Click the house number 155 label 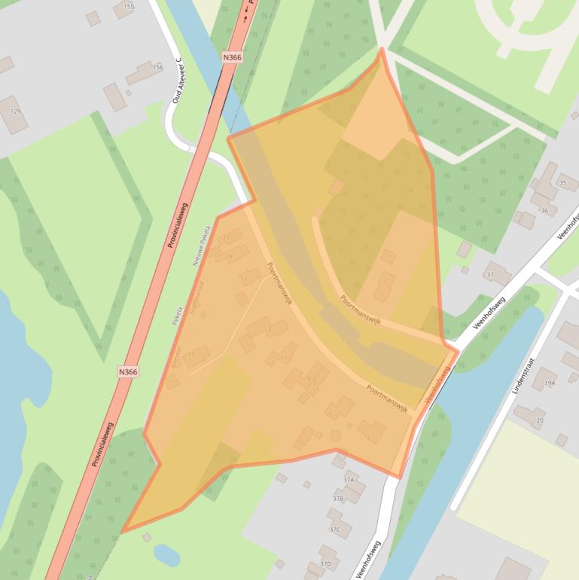pos(128,7)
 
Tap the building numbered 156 pos(157,68)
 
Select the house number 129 pos(15,111)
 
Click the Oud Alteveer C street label pos(178,80)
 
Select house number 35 pos(563,182)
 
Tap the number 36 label pos(544,211)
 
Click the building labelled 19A pos(549,384)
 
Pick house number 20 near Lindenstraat pos(539,420)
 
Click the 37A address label pos(349,479)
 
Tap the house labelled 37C pos(334,530)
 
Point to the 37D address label pos(325,563)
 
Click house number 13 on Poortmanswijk pos(267,329)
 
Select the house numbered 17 pos(243,279)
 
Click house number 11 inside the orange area pos(283,359)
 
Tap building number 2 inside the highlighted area pos(385,280)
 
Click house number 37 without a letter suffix pos(489,274)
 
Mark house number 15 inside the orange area pos(191,354)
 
